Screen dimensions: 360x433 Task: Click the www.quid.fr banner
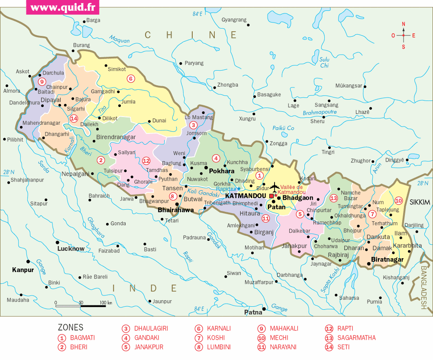point(62,7)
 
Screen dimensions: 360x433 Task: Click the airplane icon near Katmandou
point(274,188)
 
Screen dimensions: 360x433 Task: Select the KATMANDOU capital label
point(245,196)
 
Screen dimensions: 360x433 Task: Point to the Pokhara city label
point(221,171)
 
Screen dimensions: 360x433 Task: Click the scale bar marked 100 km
point(81,305)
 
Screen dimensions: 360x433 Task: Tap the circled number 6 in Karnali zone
point(129,78)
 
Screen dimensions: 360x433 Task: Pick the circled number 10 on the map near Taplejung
point(398,201)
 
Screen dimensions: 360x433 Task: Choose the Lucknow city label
point(71,249)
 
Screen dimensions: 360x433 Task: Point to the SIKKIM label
point(420,202)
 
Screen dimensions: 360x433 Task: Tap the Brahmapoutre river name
point(320,113)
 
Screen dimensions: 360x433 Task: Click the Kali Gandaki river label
point(203,193)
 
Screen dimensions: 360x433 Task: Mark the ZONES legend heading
point(70,328)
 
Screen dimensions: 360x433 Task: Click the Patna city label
point(253,312)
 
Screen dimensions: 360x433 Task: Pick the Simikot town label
point(116,69)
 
